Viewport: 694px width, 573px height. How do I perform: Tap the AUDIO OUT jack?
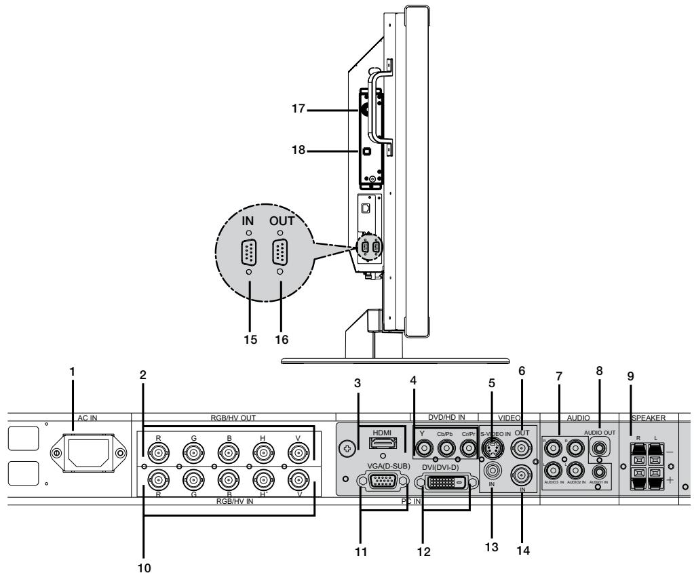click(600, 447)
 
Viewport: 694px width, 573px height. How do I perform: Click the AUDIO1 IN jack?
click(600, 469)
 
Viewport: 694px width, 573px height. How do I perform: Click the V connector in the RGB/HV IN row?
click(298, 479)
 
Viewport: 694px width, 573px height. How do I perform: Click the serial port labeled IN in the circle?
click(249, 255)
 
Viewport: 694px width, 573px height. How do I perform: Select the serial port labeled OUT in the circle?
click(279, 255)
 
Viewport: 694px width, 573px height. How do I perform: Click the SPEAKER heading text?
click(649, 419)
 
